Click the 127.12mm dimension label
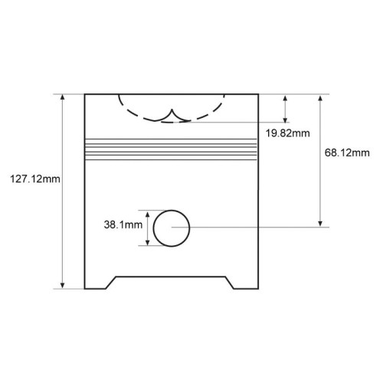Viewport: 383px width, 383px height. (35, 179)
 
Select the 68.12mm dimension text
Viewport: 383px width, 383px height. (347, 152)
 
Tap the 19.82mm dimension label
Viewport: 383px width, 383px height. (288, 133)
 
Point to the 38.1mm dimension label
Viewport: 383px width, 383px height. (123, 224)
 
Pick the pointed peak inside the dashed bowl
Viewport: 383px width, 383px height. (172, 110)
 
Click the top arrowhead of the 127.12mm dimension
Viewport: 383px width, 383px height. (62, 97)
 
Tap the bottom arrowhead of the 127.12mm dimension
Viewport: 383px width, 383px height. (62, 286)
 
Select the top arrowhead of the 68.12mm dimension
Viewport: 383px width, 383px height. (320, 98)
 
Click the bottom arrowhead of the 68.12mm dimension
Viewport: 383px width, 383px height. (320, 224)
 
